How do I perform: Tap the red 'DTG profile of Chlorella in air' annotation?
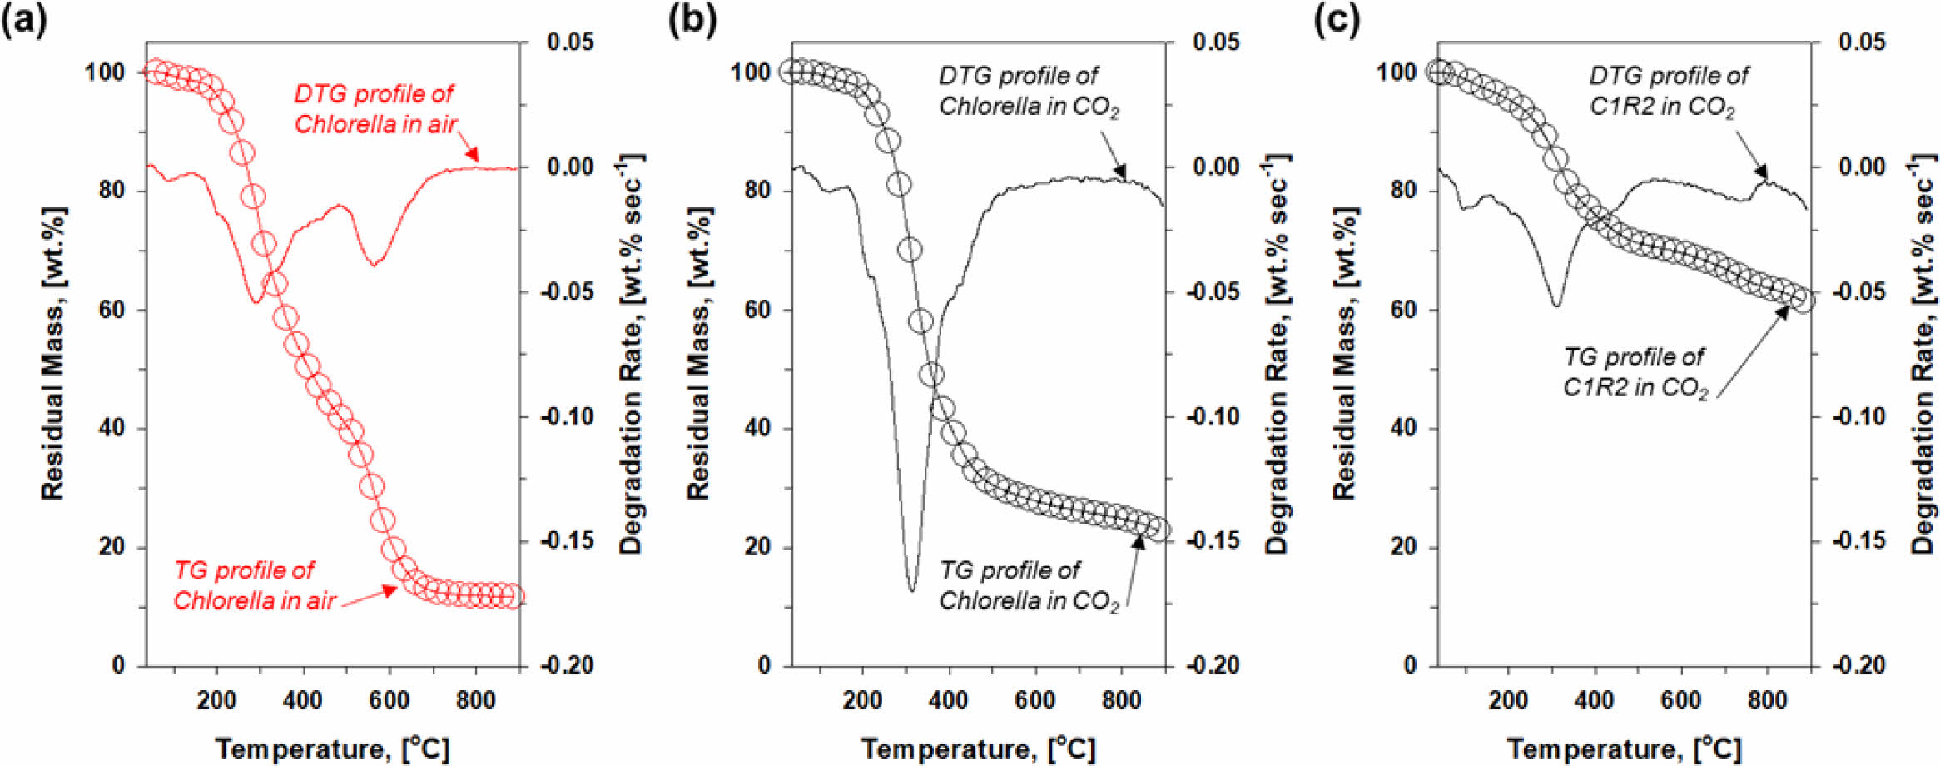coord(375,109)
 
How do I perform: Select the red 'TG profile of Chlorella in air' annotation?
coord(254,585)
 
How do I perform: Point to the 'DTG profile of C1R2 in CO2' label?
coord(1668,91)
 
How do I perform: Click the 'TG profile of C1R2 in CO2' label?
coord(1635,372)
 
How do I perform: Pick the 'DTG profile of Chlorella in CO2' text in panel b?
coord(1028,91)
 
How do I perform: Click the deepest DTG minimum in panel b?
coord(912,589)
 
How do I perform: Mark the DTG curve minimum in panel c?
coord(1556,306)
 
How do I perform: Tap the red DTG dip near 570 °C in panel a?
coord(375,265)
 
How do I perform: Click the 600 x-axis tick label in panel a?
coord(389,700)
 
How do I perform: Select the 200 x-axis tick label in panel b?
coord(862,700)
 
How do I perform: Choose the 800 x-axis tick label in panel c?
coord(1768,700)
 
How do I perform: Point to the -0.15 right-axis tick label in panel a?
coord(567,541)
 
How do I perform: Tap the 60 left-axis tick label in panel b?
coord(757,310)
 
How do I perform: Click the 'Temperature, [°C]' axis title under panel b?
coord(978,749)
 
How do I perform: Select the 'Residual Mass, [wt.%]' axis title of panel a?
coord(53,354)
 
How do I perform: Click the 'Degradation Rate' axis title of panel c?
coord(1923,354)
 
